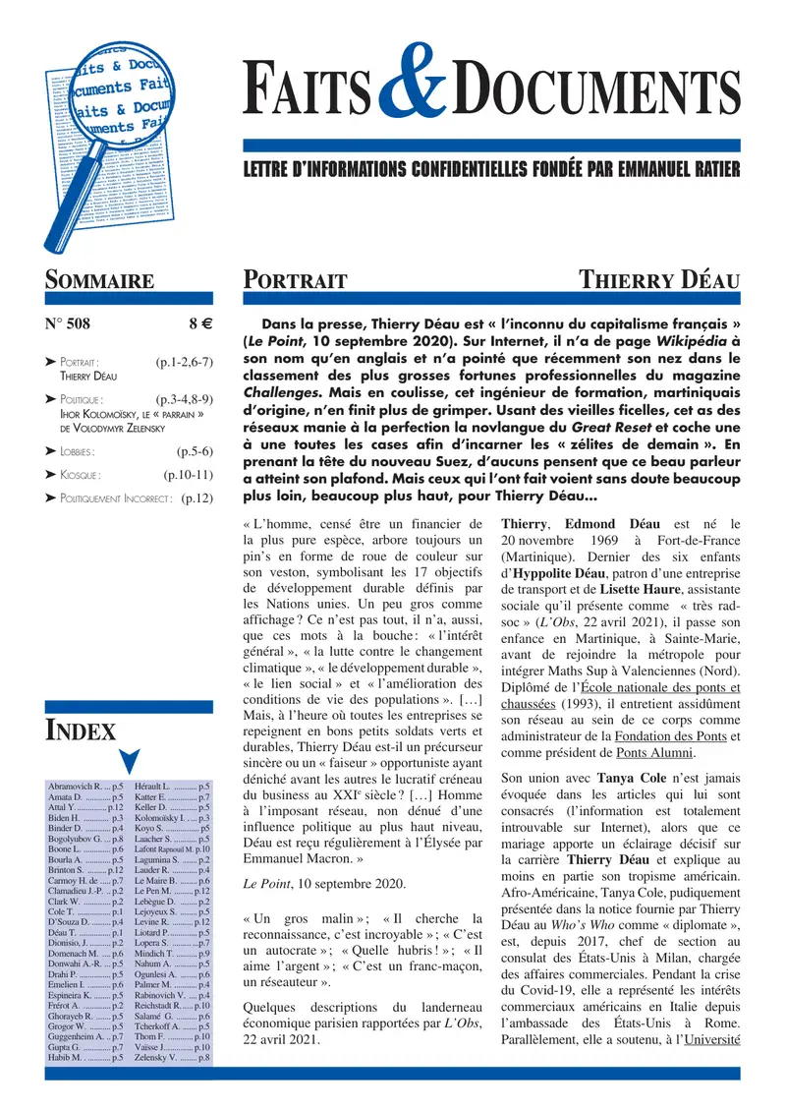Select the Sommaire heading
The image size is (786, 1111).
(99, 279)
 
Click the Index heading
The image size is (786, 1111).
(81, 730)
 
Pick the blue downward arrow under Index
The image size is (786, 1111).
(129, 761)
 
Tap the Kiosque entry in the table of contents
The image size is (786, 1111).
(76, 475)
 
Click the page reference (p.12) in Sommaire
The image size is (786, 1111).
(197, 498)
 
